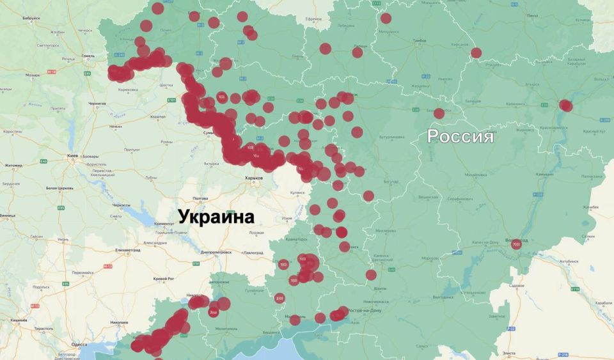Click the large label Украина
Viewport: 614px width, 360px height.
[x=216, y=217]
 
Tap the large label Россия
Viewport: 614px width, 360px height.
[x=460, y=136]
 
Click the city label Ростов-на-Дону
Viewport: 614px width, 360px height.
[x=364, y=310]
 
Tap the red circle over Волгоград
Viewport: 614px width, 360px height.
[x=517, y=244]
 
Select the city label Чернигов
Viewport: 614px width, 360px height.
[x=97, y=103]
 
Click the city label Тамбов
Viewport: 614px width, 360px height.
[x=420, y=40]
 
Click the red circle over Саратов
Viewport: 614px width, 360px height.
[x=565, y=106]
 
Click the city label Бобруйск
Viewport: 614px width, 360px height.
[x=30, y=19]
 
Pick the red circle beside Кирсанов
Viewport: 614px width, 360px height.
[x=476, y=53]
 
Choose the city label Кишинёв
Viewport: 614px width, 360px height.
[x=18, y=320]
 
